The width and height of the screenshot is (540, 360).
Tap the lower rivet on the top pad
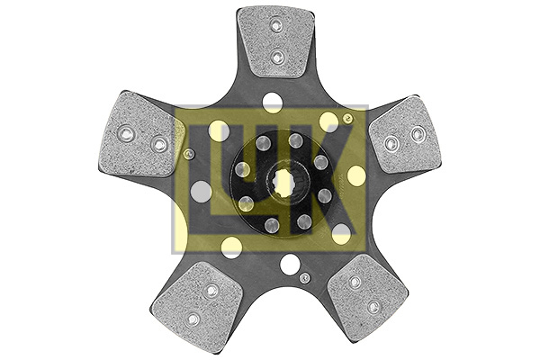[278, 58]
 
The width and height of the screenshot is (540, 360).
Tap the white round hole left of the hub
[202, 191]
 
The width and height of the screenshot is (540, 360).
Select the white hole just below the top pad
[271, 101]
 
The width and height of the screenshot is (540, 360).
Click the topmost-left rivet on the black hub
[263, 143]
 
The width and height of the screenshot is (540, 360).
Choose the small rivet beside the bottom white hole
[305, 276]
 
